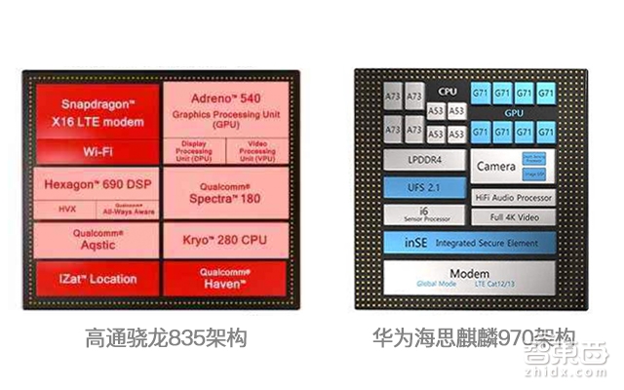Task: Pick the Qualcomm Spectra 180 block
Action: tap(225, 194)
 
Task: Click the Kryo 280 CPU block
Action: tap(225, 240)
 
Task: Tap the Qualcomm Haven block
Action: tap(225, 277)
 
